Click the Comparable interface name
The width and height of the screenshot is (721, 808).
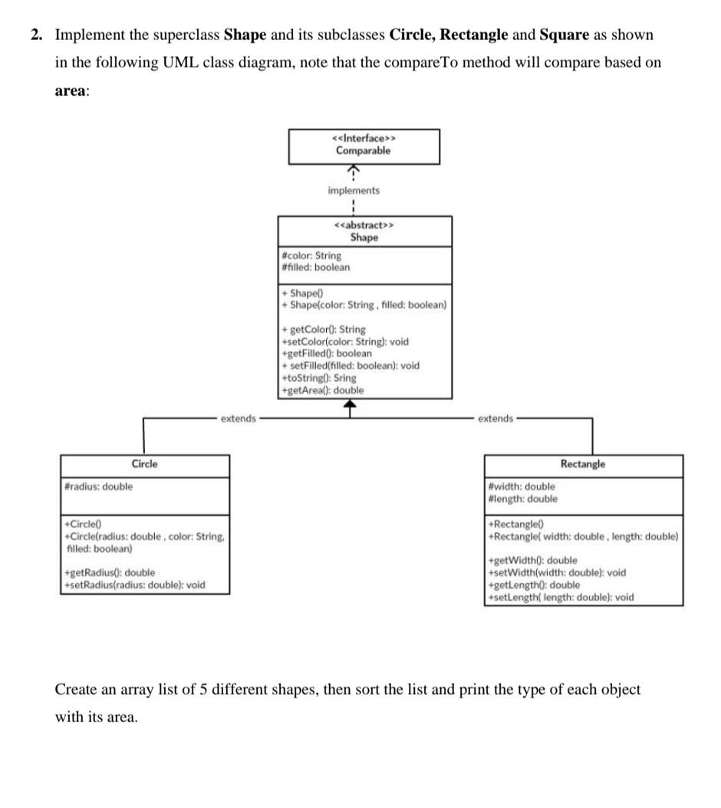pyautogui.click(x=363, y=150)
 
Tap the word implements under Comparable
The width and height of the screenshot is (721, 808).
pyautogui.click(x=353, y=190)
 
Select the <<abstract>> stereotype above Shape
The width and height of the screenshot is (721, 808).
pyautogui.click(x=364, y=225)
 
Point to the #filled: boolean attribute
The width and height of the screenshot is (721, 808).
pyautogui.click(x=315, y=267)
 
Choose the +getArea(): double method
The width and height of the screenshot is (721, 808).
pyautogui.click(x=323, y=390)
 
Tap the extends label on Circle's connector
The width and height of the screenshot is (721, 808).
pyautogui.click(x=238, y=419)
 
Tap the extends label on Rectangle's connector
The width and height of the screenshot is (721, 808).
pyautogui.click(x=495, y=419)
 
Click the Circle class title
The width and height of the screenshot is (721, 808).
pyautogui.click(x=145, y=464)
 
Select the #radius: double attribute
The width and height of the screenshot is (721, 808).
pyautogui.click(x=99, y=486)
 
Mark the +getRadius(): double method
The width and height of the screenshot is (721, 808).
pyautogui.click(x=110, y=573)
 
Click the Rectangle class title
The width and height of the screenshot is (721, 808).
pyautogui.click(x=582, y=464)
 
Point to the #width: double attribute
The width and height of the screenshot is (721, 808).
pyautogui.click(x=522, y=486)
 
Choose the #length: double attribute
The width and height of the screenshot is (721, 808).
pyautogui.click(x=523, y=498)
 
